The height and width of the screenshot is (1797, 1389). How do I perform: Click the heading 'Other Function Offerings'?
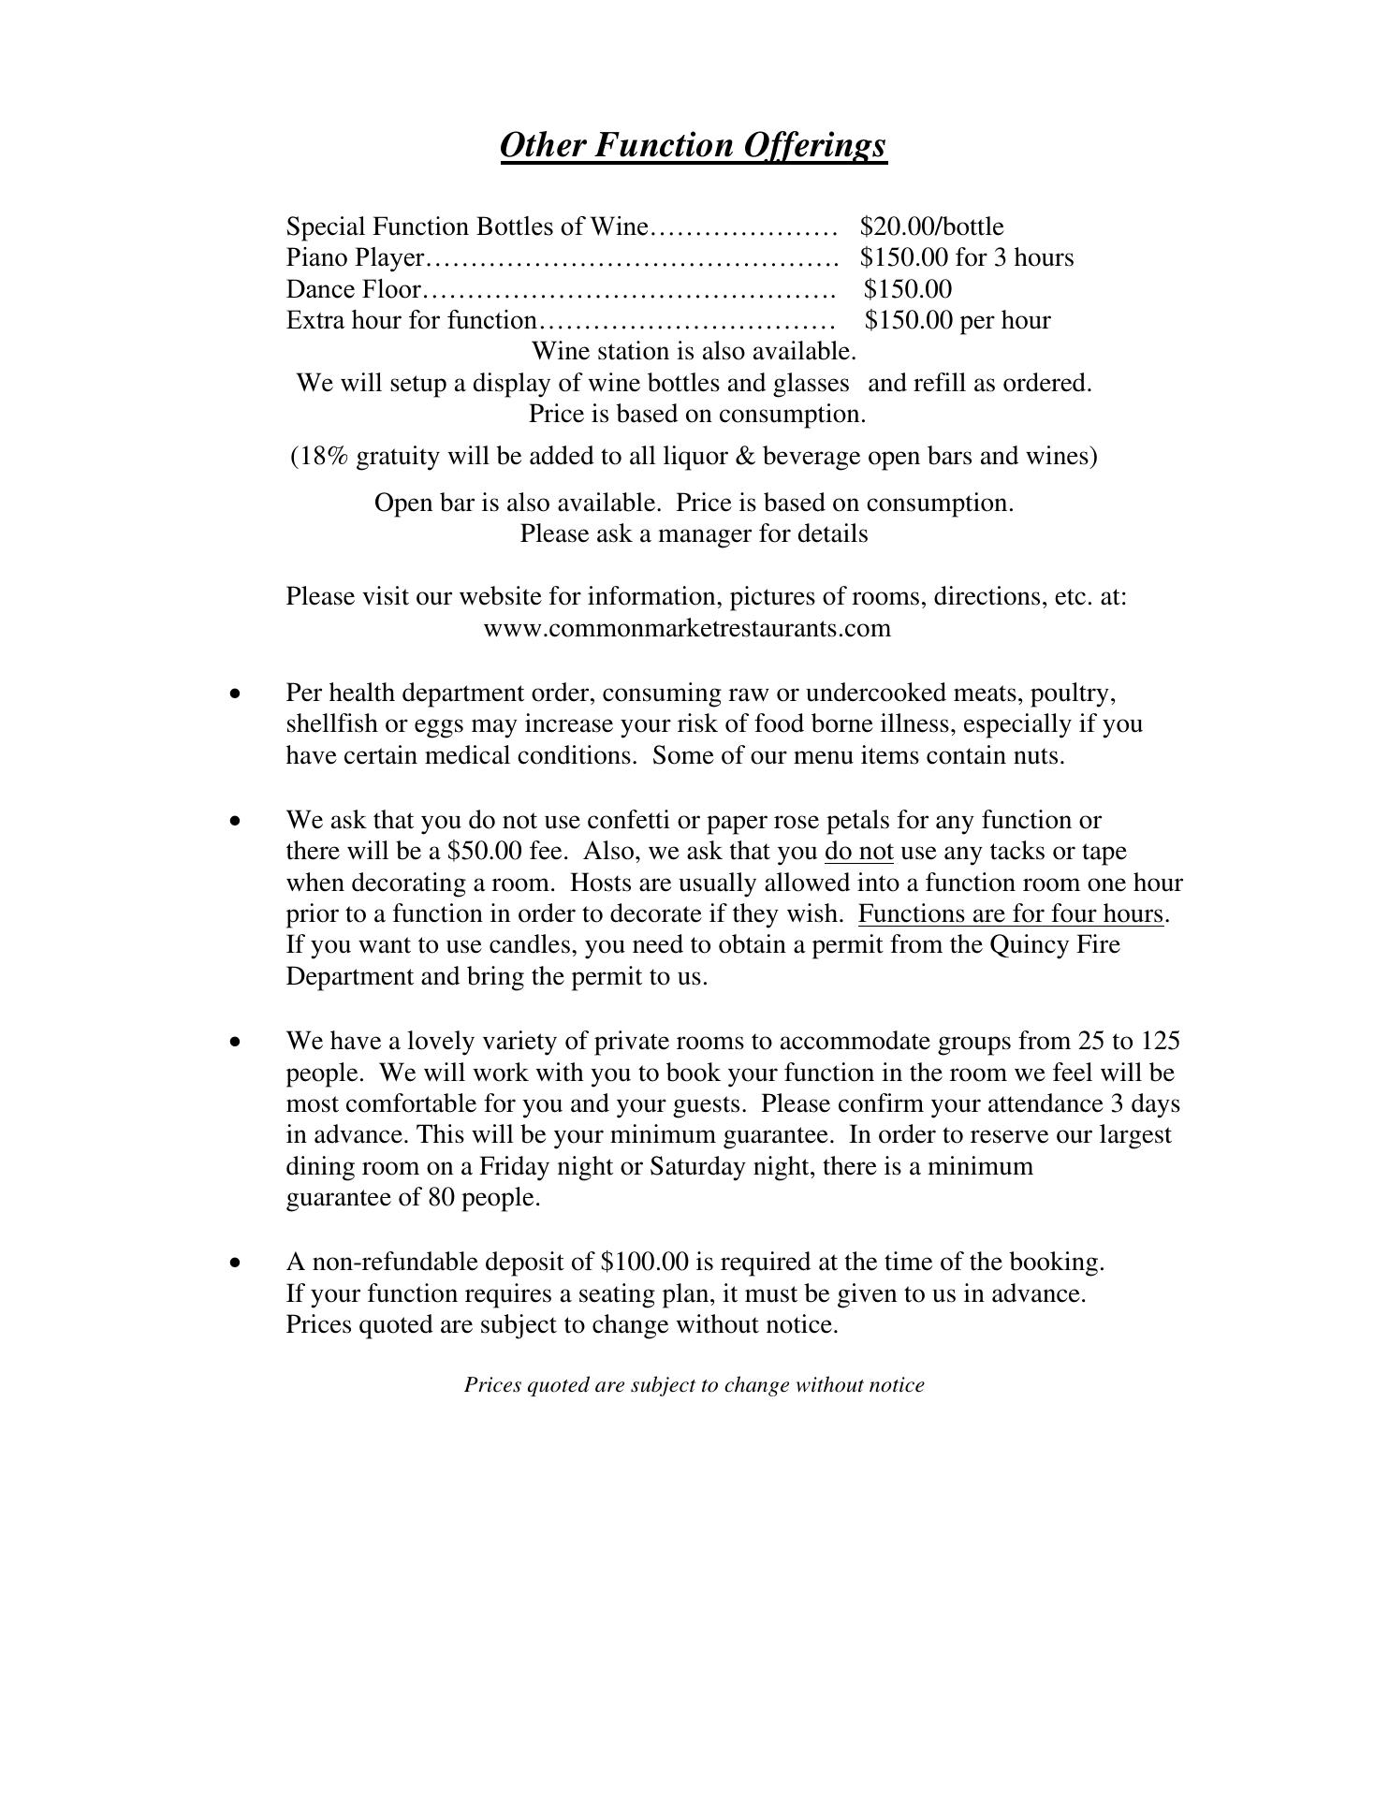click(693, 146)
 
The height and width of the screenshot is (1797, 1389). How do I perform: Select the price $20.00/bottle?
click(931, 226)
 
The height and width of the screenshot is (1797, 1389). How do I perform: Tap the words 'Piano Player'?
click(356, 257)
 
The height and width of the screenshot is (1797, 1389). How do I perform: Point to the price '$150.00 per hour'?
click(958, 320)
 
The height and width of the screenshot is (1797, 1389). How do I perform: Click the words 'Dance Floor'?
click(353, 289)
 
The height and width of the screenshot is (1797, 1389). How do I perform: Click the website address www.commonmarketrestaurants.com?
click(687, 627)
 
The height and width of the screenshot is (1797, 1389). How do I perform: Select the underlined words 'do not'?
click(858, 851)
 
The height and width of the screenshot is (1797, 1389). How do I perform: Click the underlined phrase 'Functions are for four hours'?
click(1011, 913)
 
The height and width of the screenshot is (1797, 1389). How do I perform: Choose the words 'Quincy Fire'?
click(1054, 944)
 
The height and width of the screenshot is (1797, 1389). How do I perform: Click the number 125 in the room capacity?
click(1162, 1041)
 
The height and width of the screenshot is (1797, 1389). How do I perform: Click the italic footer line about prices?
click(694, 1385)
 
